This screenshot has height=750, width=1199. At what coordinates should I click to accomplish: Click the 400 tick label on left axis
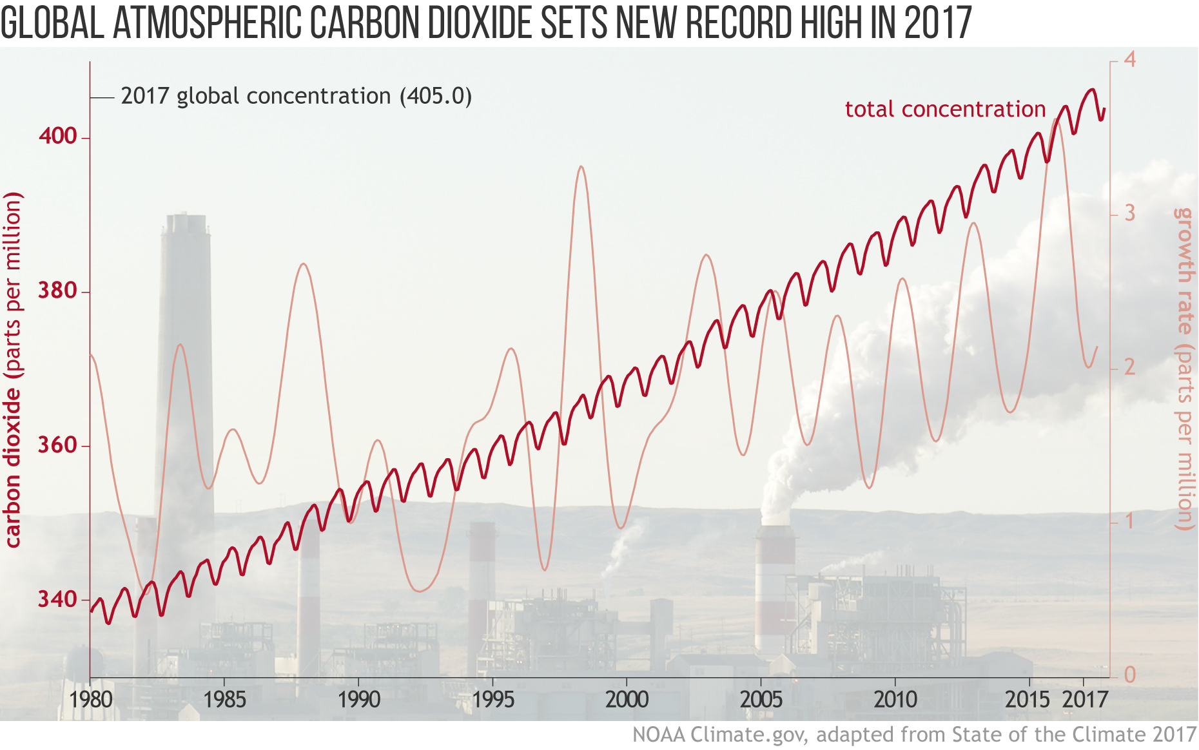click(57, 136)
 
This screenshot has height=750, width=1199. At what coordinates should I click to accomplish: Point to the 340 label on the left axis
click(57, 599)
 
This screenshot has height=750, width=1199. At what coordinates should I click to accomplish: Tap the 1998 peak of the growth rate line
click(581, 167)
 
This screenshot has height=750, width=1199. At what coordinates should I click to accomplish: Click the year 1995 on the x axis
click(492, 699)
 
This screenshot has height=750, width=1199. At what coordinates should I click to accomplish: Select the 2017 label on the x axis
click(1085, 699)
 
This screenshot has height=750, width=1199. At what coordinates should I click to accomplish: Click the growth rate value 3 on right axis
click(1129, 213)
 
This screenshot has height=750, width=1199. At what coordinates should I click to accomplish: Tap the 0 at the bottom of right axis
click(1129, 675)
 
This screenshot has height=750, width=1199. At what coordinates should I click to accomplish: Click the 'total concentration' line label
click(945, 110)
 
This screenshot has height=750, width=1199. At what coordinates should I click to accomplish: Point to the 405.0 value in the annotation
click(436, 96)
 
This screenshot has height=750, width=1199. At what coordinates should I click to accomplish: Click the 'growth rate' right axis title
click(1184, 271)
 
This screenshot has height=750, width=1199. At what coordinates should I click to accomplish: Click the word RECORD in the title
click(739, 23)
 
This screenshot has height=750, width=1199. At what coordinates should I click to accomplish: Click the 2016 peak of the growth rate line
click(1055, 120)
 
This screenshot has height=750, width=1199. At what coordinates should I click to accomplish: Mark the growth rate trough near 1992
click(420, 590)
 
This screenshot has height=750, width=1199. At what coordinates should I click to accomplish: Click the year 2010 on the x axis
click(895, 699)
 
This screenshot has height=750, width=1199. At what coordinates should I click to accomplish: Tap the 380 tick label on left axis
click(57, 291)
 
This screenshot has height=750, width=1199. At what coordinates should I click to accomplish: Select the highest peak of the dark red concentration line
click(1091, 90)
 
